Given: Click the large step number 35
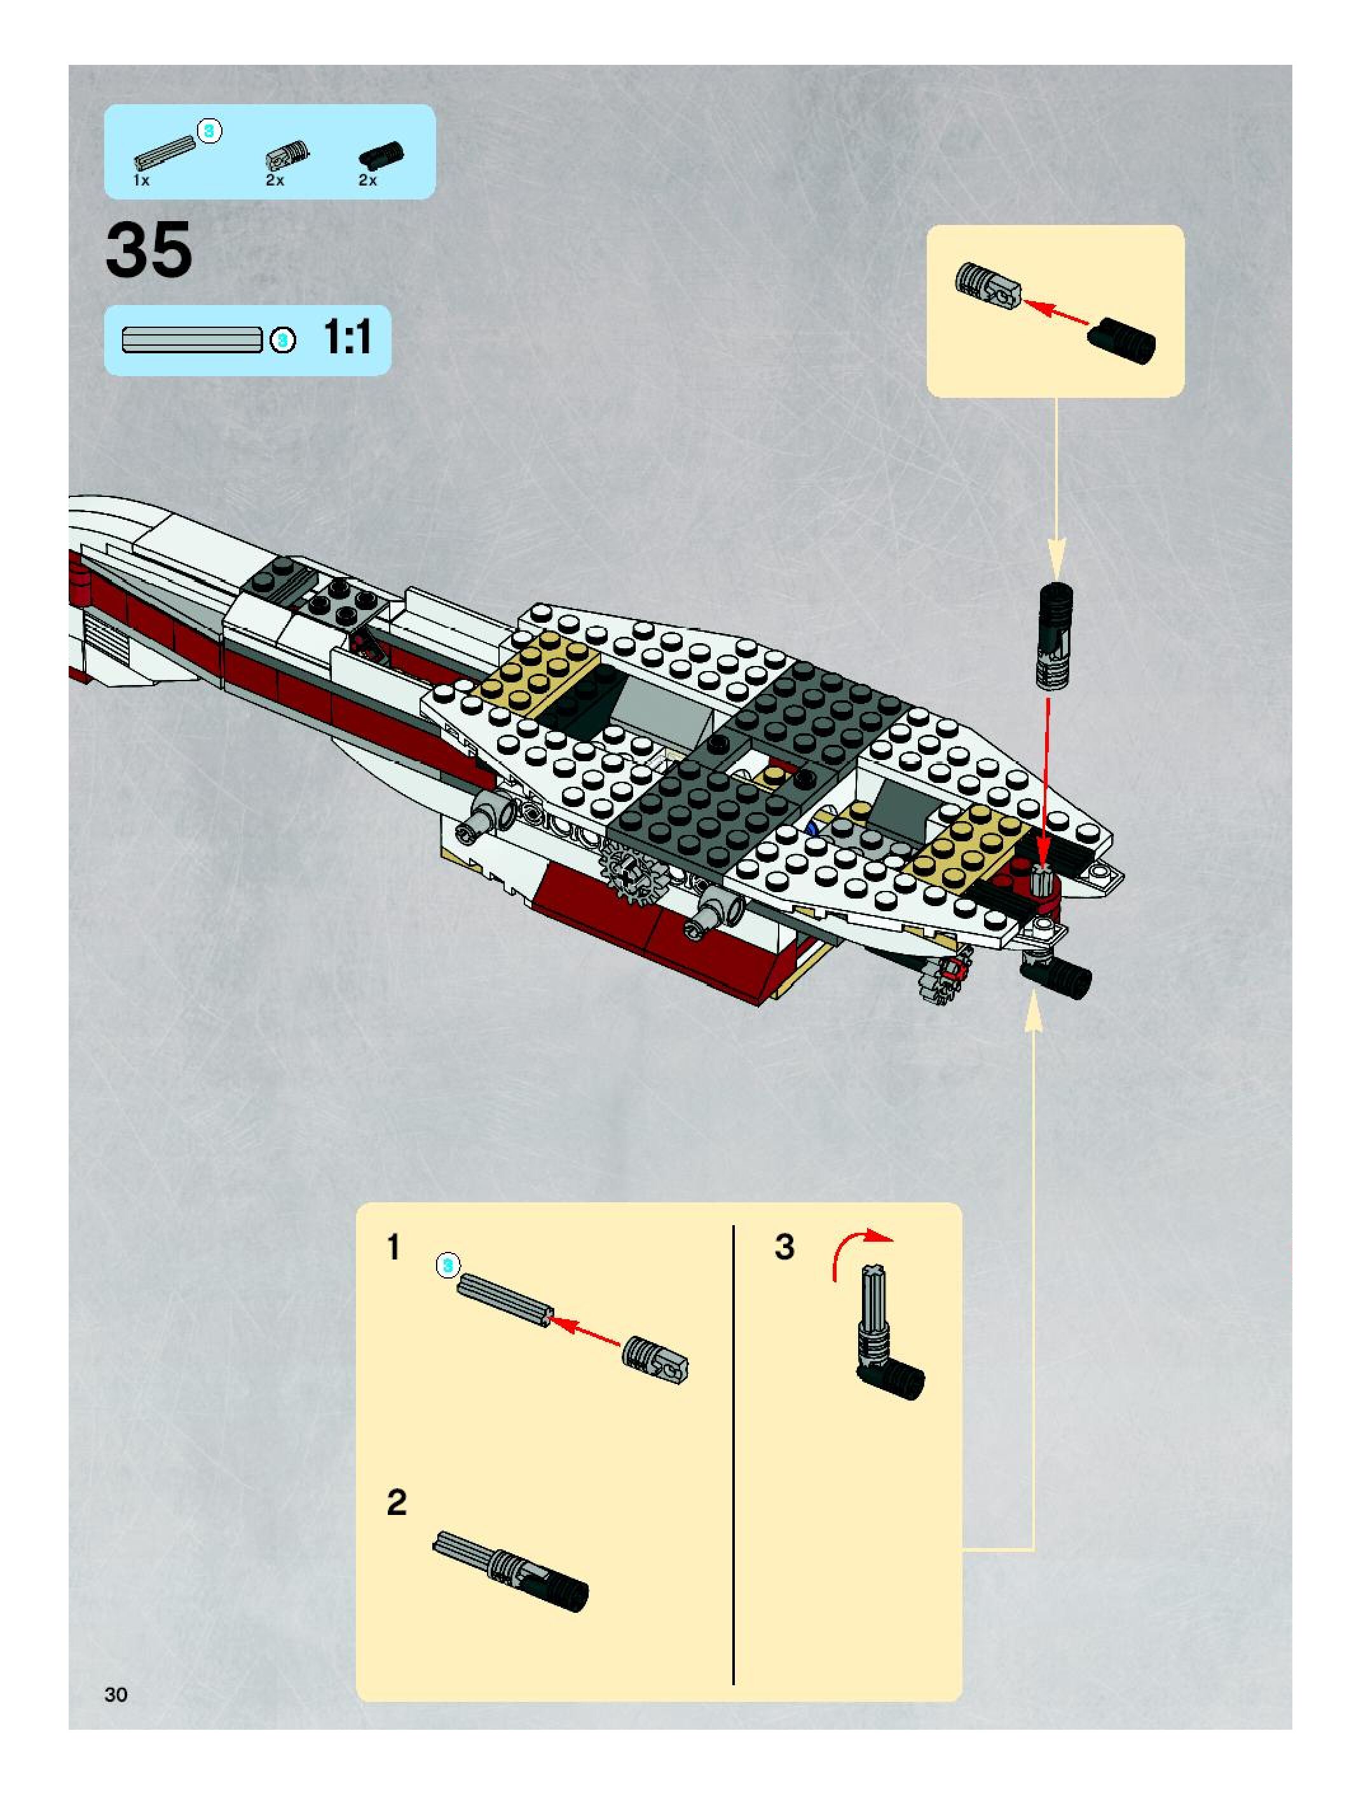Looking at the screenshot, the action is coord(149,250).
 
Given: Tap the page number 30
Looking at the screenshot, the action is coord(116,1694).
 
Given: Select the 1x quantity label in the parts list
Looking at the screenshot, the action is coord(141,180).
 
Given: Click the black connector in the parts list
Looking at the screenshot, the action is coord(381,154).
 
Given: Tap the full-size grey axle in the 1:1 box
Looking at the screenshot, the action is coord(192,339).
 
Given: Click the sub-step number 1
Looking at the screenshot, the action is coord(393,1247).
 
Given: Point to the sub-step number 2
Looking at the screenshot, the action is coord(396,1502).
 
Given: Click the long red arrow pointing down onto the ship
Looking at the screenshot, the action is coord(1046,784).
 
